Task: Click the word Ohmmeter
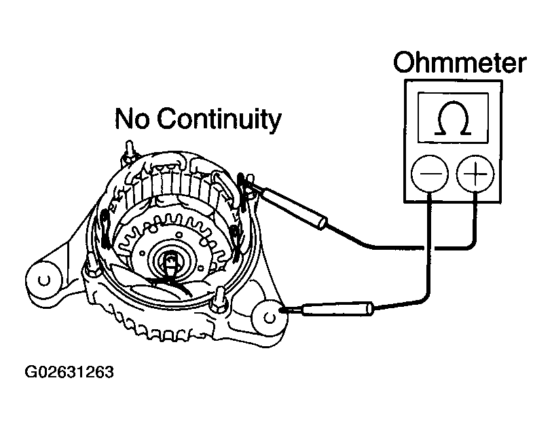(460, 63)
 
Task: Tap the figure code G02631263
(69, 373)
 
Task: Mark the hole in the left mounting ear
(43, 279)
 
